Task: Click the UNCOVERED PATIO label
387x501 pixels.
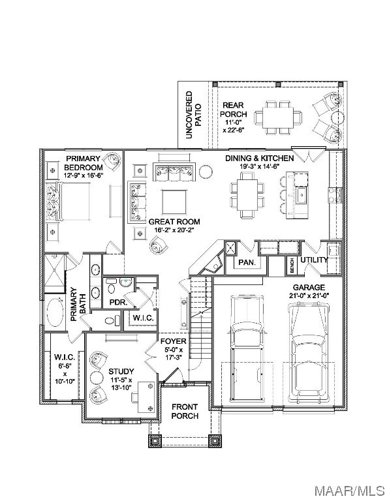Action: click(x=194, y=115)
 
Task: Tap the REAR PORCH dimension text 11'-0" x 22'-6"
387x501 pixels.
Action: click(x=233, y=126)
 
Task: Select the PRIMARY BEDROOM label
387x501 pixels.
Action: click(x=83, y=163)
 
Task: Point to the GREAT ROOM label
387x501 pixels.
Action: click(x=174, y=221)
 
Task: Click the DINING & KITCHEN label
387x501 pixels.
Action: click(x=260, y=158)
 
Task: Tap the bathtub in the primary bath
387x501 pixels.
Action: click(x=55, y=312)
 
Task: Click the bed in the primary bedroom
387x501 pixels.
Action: click(x=68, y=201)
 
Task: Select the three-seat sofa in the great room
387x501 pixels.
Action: click(x=174, y=172)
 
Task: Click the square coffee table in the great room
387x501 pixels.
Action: click(x=174, y=202)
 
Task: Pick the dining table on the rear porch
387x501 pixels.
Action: click(x=278, y=117)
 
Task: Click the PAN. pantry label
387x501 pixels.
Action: click(x=247, y=263)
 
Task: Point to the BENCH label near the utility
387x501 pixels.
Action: click(x=292, y=266)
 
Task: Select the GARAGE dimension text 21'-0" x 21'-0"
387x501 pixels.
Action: click(x=309, y=296)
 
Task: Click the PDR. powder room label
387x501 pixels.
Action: click(x=119, y=302)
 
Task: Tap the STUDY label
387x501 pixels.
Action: click(x=121, y=371)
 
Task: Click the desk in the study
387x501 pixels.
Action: click(x=146, y=397)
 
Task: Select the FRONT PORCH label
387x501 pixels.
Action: click(x=185, y=411)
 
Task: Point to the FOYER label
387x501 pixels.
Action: click(x=173, y=341)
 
